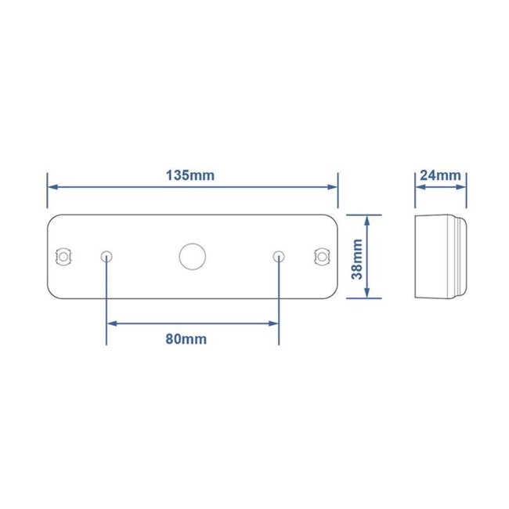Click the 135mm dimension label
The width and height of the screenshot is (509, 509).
click(x=190, y=175)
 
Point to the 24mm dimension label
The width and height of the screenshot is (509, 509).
click(x=440, y=175)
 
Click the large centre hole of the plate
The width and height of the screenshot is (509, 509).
click(x=190, y=256)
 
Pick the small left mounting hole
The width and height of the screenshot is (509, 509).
click(x=107, y=256)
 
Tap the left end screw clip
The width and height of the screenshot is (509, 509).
click(x=61, y=256)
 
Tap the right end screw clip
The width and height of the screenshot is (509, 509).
click(x=321, y=256)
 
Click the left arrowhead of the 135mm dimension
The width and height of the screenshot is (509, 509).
click(x=53, y=187)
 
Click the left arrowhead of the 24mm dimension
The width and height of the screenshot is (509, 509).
click(x=419, y=187)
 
